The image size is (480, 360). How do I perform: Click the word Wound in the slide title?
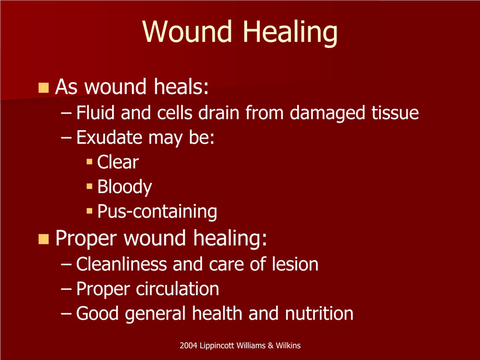click(x=187, y=31)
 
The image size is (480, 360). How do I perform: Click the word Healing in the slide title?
click(x=290, y=33)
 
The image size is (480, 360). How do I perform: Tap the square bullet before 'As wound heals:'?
click(x=43, y=88)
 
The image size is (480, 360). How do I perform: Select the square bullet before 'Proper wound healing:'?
click(x=43, y=239)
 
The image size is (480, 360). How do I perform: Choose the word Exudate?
click(x=109, y=137)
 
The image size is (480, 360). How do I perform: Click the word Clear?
click(x=118, y=162)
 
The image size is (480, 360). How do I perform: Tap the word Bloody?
click(x=124, y=187)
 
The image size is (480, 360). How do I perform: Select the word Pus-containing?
click(x=157, y=212)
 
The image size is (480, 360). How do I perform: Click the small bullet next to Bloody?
click(x=89, y=186)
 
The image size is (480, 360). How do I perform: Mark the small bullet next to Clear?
click(x=89, y=161)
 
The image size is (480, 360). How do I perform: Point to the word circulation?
click(x=178, y=289)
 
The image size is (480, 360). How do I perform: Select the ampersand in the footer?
click(x=270, y=345)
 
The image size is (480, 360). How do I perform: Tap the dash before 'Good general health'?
click(x=66, y=314)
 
